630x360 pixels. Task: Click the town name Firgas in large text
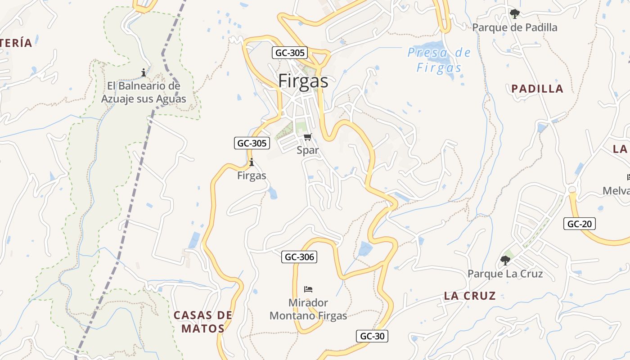(303, 81)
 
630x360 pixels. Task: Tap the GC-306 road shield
(299, 257)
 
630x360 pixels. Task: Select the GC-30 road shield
(372, 336)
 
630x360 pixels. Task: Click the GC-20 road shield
(580, 224)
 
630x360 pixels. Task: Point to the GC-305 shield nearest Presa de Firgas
(290, 53)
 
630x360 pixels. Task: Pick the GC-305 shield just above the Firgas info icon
(252, 144)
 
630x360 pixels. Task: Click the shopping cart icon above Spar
(307, 137)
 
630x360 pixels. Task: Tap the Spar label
(308, 150)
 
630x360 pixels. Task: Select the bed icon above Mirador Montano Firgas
(308, 289)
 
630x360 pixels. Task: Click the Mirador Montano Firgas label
(308, 309)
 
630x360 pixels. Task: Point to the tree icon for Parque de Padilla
(514, 14)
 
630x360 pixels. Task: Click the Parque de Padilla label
(514, 27)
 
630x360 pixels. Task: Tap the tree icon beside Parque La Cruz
(505, 260)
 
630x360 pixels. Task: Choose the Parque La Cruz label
(505, 274)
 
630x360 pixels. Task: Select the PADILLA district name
(537, 89)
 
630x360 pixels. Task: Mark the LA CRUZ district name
(470, 296)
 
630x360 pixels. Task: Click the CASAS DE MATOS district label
(203, 321)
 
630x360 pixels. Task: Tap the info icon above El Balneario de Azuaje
(144, 72)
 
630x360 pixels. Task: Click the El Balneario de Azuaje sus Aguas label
(144, 92)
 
